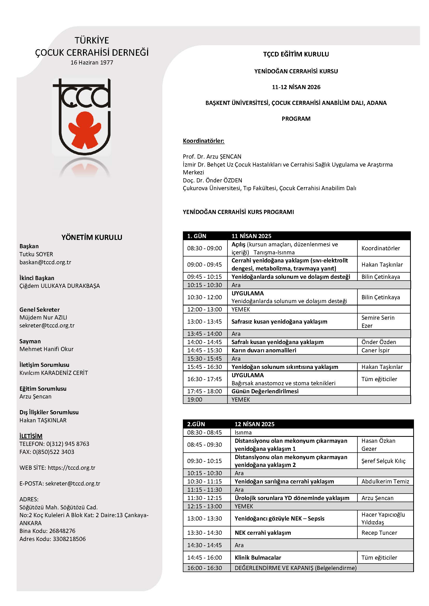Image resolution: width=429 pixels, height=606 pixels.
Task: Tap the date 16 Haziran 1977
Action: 92,62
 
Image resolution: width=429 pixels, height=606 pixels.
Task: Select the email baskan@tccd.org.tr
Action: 45,262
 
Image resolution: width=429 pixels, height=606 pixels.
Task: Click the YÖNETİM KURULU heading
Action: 92,237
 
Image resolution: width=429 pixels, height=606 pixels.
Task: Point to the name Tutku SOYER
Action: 36,254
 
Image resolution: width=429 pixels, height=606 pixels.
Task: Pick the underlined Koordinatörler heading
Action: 203,141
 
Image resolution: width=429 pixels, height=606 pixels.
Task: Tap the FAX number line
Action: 47,452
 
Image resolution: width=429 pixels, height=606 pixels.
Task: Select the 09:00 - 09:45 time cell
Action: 204,265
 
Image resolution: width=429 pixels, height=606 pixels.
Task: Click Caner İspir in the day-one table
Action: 375,350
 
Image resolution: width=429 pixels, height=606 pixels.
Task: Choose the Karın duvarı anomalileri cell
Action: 264,350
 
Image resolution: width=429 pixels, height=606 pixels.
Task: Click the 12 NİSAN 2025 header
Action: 254,424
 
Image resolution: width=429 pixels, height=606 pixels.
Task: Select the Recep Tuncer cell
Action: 379,533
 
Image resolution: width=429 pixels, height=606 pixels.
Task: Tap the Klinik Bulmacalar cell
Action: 258,558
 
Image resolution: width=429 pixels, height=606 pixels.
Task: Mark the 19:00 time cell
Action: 195,399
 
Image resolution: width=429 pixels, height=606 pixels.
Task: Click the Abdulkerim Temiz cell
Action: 385,481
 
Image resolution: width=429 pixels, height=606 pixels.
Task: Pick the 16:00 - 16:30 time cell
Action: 204,568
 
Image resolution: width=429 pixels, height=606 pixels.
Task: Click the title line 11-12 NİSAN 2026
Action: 296,87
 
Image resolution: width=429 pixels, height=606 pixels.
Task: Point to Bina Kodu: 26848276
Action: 47,531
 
